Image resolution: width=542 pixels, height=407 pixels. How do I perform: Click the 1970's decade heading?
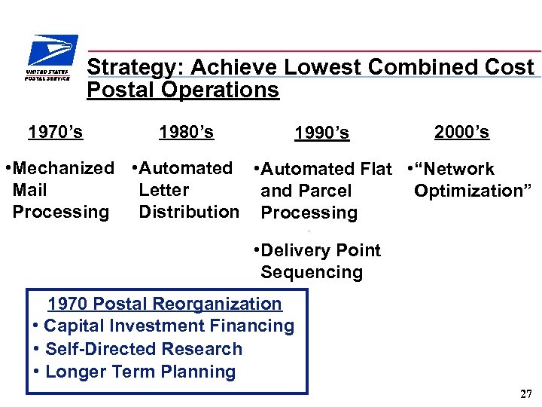click(x=55, y=133)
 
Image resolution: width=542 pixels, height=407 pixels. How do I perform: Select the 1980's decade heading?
click(x=186, y=133)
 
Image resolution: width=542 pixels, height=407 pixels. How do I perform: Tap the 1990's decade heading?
click(x=321, y=133)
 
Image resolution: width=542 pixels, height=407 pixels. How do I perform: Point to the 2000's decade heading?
click(x=461, y=133)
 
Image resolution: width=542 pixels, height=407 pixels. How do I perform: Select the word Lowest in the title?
click(x=328, y=68)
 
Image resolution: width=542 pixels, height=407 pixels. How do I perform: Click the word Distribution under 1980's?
click(x=188, y=212)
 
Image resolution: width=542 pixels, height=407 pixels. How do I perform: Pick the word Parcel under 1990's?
click(x=323, y=191)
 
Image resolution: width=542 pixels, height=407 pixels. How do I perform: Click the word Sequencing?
click(x=311, y=272)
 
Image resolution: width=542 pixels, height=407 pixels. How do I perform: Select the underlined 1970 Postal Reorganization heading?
click(x=164, y=304)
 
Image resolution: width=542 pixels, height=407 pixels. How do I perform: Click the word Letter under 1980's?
click(x=163, y=190)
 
